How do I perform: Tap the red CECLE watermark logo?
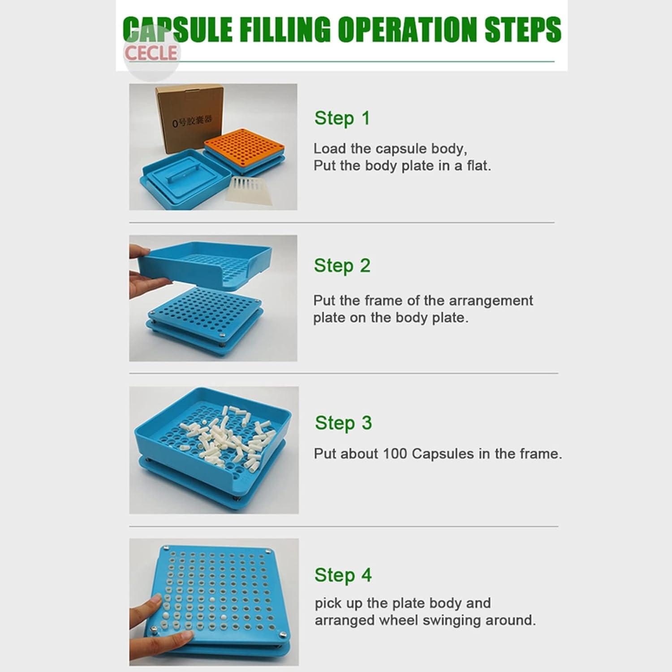tap(151, 53)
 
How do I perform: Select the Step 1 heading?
tap(342, 118)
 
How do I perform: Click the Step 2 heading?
tap(342, 265)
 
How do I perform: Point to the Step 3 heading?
tap(343, 423)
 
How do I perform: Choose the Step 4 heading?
tap(343, 575)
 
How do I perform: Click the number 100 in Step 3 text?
tap(395, 454)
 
